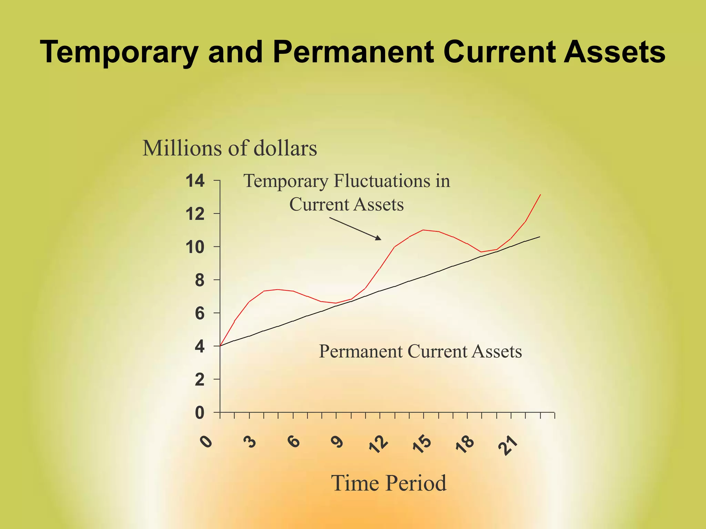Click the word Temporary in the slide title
[119, 52]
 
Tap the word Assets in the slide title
[614, 52]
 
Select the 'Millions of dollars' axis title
[230, 148]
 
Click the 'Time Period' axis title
[389, 483]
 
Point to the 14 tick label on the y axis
[195, 181]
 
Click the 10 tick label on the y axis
[195, 247]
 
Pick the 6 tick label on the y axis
[200, 313]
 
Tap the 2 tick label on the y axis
[200, 380]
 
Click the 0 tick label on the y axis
[200, 413]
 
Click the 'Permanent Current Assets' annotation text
[420, 352]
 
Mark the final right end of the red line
[540, 195]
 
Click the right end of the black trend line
[539, 237]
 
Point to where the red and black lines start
[220, 346]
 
